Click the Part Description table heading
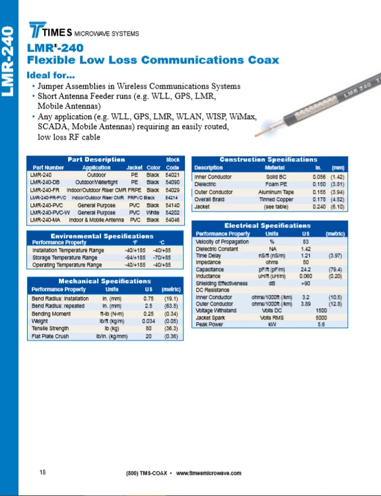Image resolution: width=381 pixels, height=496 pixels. coord(96,159)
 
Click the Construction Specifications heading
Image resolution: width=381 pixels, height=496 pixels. coord(268,159)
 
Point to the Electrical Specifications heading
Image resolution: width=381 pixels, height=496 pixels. coord(267,226)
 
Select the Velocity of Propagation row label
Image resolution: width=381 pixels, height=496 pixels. coord(222,241)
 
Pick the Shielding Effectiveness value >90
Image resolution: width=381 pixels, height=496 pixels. coord(306,283)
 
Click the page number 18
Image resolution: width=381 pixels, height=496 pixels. coord(43,472)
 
